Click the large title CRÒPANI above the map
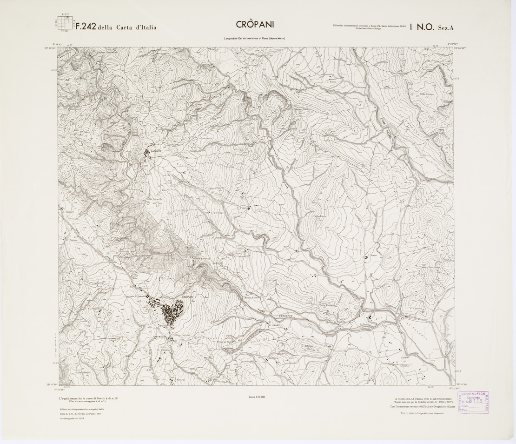(x=258, y=25)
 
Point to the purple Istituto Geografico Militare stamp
(x=474, y=402)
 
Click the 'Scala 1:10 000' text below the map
(x=257, y=397)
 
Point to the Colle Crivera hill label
(x=426, y=95)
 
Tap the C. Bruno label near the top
(x=331, y=83)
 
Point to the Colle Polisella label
(x=326, y=305)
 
